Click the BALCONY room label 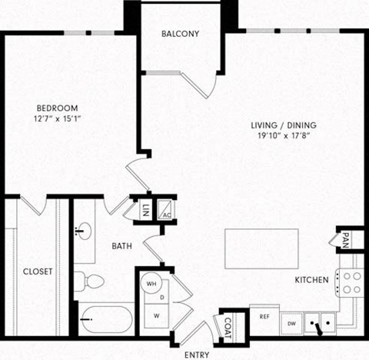tap(181, 34)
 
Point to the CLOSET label tap(38, 272)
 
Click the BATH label tap(121, 246)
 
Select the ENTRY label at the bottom tap(198, 355)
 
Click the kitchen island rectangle tap(261, 248)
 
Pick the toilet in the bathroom tap(88, 281)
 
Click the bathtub tap(107, 318)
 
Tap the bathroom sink tap(84, 232)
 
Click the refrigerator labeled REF tap(264, 317)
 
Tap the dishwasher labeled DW tap(291, 323)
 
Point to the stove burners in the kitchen tap(351, 282)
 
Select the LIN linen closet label tap(145, 209)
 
